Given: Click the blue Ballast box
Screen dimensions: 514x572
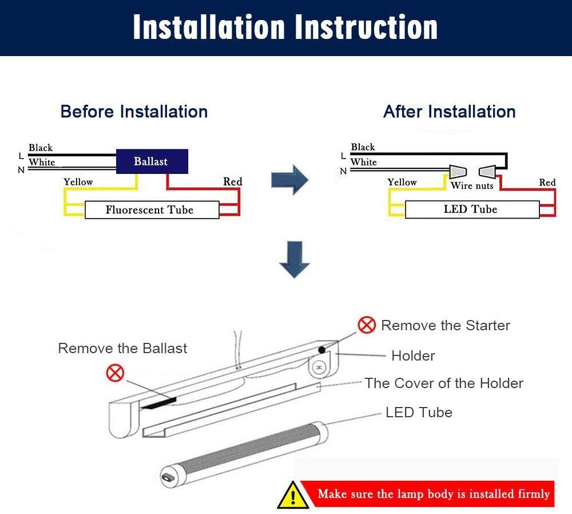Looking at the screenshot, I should pos(152,161).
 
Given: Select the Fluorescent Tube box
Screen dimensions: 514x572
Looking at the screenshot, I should pos(152,210).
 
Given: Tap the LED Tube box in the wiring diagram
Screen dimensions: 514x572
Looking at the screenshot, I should pos(471,209).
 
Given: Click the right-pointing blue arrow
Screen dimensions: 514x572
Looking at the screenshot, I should pos(289,180).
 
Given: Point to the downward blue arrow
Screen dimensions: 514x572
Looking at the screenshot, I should pos(294,260).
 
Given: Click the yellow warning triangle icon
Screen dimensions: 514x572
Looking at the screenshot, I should pos(293,495).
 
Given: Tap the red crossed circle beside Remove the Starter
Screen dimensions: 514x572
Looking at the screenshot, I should pos(367,325).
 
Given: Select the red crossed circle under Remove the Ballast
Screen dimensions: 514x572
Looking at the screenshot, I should pos(116,373).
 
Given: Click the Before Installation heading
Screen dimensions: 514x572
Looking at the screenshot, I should pos(134,111).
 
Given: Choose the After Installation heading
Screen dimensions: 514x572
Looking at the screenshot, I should pos(449,111).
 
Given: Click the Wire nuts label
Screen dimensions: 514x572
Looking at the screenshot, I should pos(471,185).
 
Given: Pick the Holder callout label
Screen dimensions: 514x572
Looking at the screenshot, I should pos(413,355).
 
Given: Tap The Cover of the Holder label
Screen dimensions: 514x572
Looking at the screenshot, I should pos(444,383).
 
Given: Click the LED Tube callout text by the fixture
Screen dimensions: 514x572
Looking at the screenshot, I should pos(419,412).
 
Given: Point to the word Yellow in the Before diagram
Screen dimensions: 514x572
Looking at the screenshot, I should pos(78,182).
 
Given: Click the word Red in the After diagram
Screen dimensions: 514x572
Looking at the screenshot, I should pos(547,183).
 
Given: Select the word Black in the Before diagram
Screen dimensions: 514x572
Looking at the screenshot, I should pos(41,148).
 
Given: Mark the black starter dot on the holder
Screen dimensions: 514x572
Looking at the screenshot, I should pos(323,349).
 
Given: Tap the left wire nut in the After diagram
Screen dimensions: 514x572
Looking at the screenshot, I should pos(458,171).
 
